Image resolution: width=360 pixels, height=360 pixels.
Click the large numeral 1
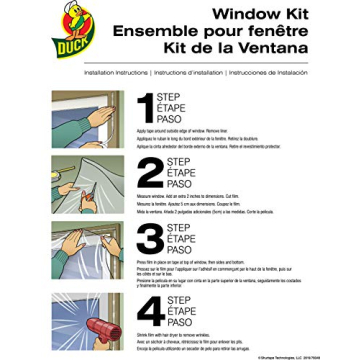click(x=146, y=107)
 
